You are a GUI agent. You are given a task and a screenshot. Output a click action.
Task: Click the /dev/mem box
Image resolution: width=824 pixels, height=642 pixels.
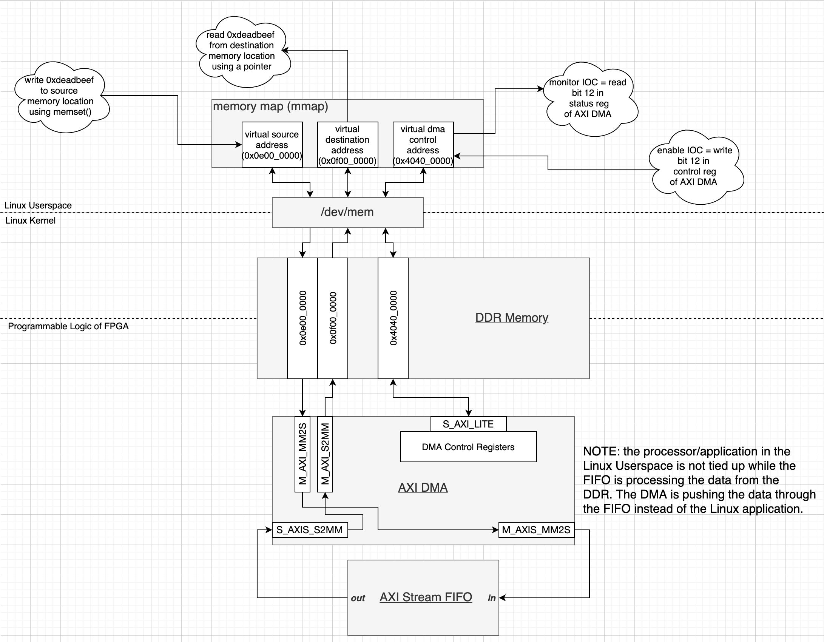(347, 212)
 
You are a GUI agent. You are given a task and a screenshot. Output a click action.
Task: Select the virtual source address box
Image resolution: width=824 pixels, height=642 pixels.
(272, 145)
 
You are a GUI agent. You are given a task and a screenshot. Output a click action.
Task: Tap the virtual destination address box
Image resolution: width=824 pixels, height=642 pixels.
(347, 145)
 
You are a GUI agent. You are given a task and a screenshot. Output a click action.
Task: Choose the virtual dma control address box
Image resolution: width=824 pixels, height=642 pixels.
(423, 145)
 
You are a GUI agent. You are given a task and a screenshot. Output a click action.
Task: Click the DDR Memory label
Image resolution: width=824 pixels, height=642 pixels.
(512, 318)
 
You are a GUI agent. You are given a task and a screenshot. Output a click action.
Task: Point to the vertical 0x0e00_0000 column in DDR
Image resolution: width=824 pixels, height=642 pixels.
(302, 318)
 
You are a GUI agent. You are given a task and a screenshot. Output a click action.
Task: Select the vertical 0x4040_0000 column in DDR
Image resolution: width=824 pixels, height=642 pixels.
(393, 318)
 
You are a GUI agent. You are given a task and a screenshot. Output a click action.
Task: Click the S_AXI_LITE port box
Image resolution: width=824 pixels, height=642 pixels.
(468, 424)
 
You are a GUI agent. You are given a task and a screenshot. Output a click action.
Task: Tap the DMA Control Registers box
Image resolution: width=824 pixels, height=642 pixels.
(468, 447)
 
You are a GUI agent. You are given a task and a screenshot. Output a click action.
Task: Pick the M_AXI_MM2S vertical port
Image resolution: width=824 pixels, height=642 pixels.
(302, 454)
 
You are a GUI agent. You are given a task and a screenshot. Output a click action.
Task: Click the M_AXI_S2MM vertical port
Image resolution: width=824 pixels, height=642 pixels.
(325, 454)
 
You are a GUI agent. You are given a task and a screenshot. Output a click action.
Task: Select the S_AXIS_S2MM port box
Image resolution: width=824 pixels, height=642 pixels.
(310, 530)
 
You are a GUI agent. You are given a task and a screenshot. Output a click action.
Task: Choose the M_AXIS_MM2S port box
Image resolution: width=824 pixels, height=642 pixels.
(536, 530)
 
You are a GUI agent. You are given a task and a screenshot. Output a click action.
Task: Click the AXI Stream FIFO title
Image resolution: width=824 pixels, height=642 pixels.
(426, 597)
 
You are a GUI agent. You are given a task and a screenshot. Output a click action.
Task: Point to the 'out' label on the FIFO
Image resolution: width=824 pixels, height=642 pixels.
(358, 598)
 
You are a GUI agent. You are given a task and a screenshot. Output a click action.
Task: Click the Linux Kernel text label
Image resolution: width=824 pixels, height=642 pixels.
(31, 221)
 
